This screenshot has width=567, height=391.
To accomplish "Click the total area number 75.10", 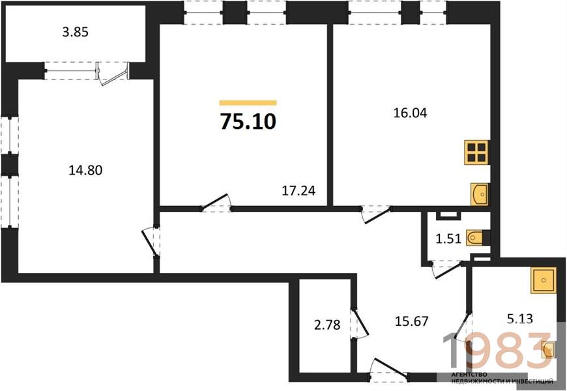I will tap(248, 122).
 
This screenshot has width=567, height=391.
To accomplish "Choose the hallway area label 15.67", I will tap(415, 321).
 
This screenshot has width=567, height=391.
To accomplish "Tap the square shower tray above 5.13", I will tap(543, 282).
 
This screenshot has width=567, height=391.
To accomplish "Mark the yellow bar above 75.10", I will tap(248, 103).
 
